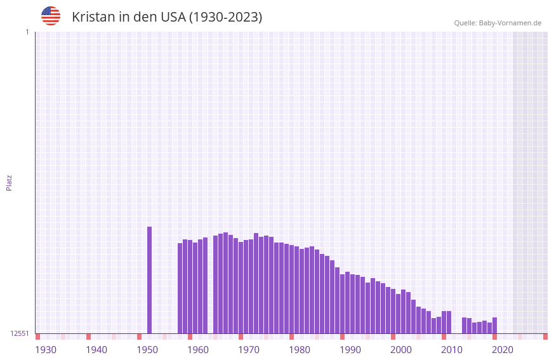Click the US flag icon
tap(51, 16)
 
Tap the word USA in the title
tap(173, 17)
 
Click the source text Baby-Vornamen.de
tap(510, 23)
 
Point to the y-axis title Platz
tap(9, 182)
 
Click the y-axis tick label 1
tap(27, 32)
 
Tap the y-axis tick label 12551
tap(20, 333)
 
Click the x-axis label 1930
tap(46, 350)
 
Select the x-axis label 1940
tap(96, 350)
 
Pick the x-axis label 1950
tap(147, 350)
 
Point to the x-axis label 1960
tap(198, 350)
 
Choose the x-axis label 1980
tap(300, 350)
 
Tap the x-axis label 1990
tap(350, 350)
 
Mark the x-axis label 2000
tap(401, 350)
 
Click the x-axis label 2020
tap(503, 350)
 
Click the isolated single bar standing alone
tap(150, 279)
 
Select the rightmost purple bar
tap(495, 326)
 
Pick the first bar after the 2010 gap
tap(465, 325)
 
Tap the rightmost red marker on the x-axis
tap(545, 337)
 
